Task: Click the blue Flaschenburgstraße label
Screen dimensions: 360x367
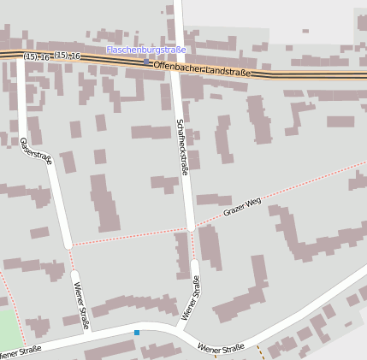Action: (x=145, y=50)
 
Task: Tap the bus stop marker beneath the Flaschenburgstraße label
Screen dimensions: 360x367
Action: (x=145, y=62)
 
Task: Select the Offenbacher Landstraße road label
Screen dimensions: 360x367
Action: (x=202, y=68)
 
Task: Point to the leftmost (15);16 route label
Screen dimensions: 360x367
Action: (x=36, y=56)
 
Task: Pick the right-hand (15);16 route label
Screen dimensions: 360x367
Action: (x=67, y=56)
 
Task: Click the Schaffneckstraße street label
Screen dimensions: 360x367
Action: (x=181, y=147)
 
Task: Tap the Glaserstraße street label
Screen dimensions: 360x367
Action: (x=37, y=151)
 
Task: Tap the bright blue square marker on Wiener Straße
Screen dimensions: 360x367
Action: (x=137, y=332)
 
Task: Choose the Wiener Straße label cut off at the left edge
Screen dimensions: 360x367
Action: (x=19, y=351)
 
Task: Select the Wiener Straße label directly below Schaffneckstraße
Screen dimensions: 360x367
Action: (x=191, y=298)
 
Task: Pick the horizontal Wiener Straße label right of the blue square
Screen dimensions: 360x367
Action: (x=221, y=347)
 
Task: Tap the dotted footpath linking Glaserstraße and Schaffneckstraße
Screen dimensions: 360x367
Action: (x=128, y=237)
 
